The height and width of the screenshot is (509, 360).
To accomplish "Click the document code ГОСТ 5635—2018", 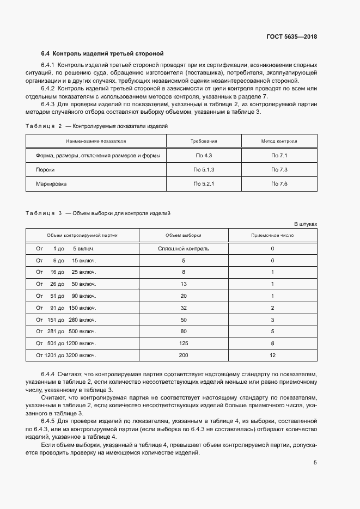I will (291, 37).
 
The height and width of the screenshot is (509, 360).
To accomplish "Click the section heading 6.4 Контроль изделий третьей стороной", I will (102, 54).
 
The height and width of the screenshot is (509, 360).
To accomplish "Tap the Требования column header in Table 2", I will (204, 141).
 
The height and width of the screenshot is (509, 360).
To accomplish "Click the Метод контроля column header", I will (279, 141).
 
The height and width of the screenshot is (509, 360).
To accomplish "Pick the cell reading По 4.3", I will (204, 156).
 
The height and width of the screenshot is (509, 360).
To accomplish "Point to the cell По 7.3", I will (279, 170).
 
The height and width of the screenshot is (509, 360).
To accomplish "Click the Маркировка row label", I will (51, 184).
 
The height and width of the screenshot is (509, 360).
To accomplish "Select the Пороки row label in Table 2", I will (45, 170).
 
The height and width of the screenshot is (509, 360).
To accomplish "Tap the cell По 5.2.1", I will (204, 184).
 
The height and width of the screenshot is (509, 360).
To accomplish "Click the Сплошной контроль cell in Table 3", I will (184, 249).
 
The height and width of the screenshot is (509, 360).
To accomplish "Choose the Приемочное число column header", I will (272, 236).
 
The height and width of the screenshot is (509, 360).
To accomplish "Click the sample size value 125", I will (184, 344).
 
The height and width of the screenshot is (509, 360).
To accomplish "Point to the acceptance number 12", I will (272, 355).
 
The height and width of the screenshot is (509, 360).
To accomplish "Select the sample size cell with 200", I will (184, 355).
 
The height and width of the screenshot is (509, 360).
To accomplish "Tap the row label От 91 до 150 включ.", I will (66, 308).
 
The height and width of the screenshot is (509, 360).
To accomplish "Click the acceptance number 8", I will (272, 344).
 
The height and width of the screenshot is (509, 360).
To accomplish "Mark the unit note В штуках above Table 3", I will (305, 224).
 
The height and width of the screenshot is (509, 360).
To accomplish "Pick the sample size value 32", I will (184, 308).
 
